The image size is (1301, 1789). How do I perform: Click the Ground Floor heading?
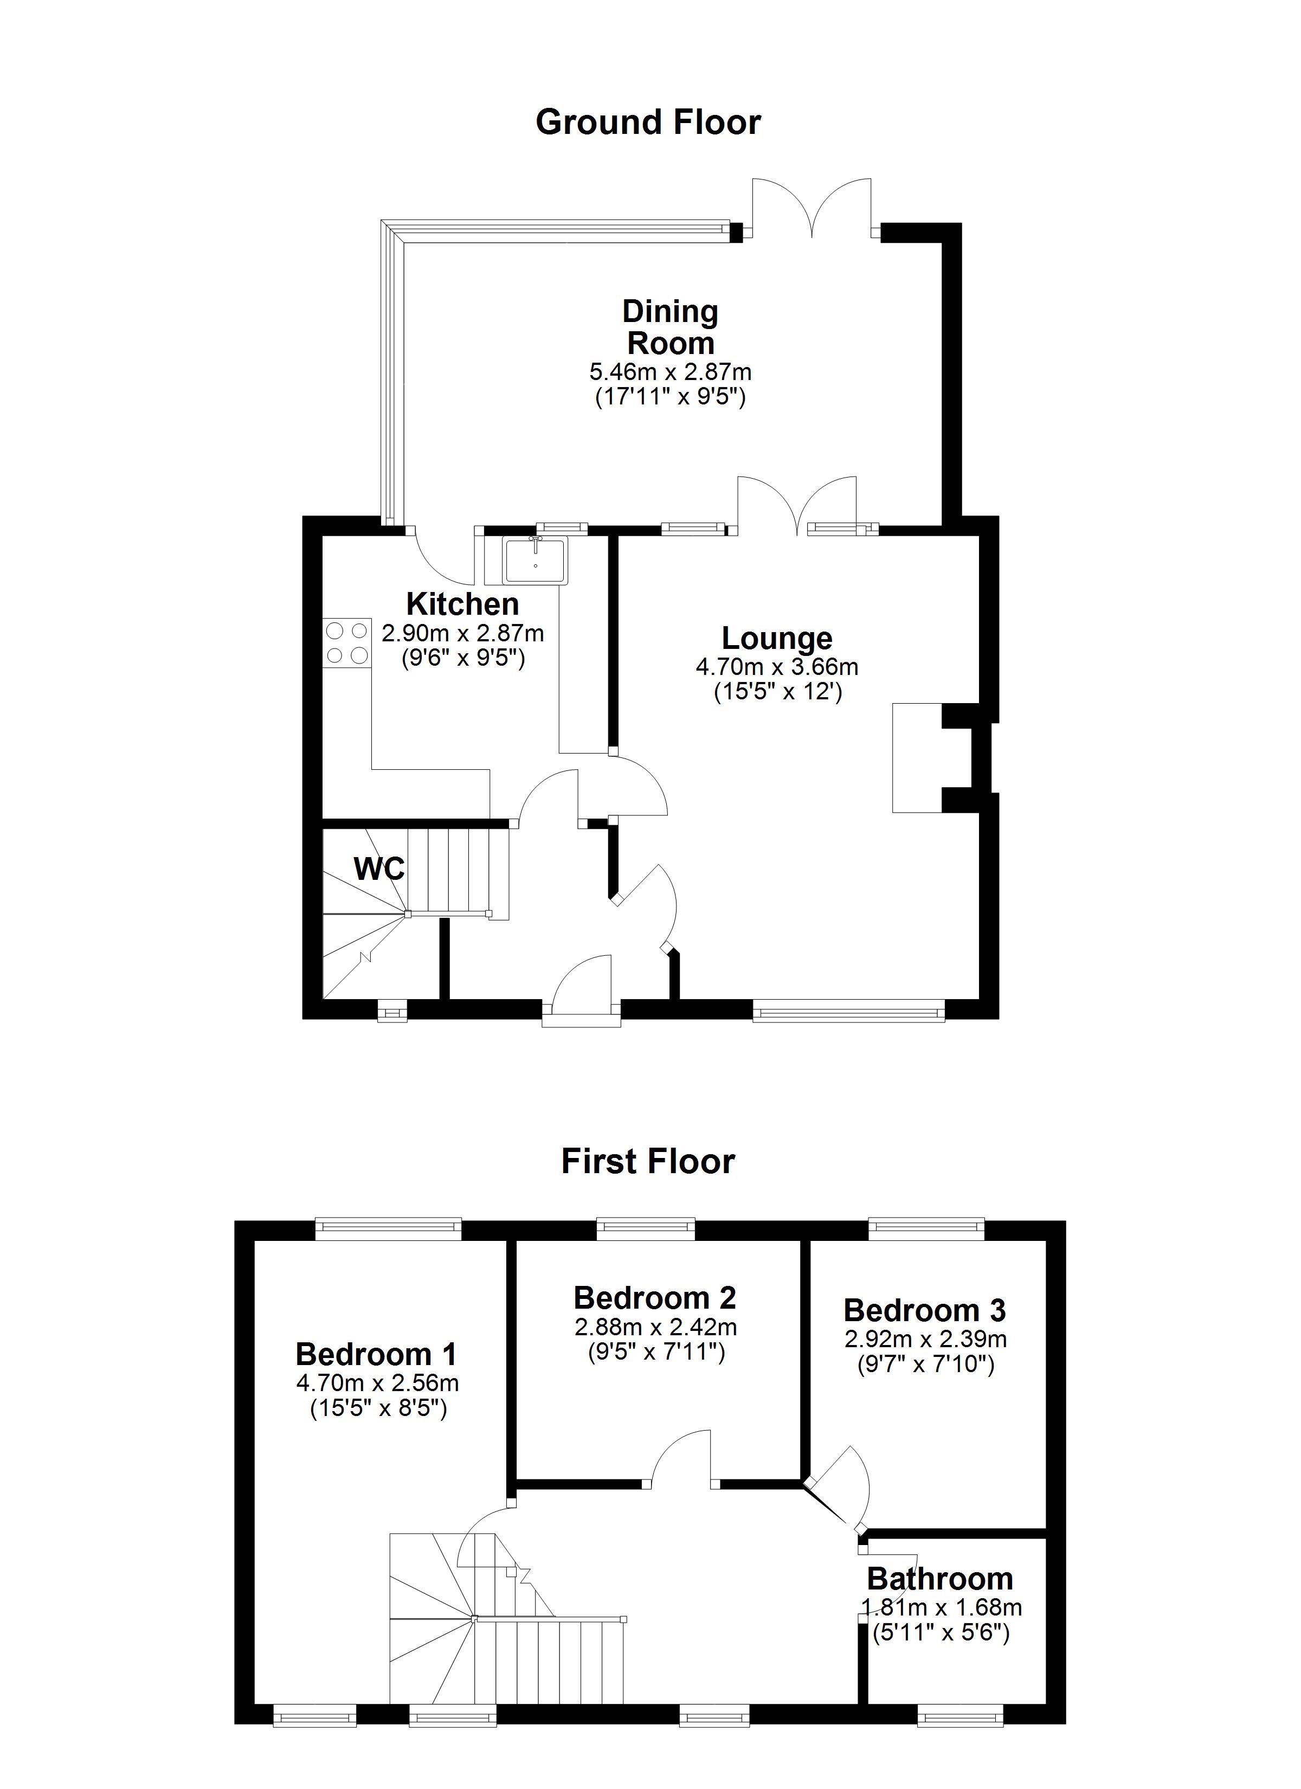[648, 123]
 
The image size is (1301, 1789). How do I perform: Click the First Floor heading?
[648, 1162]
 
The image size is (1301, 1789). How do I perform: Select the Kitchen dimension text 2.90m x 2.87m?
[463, 633]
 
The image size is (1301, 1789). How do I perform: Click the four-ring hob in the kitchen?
[346, 642]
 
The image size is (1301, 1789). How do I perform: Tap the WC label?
[379, 869]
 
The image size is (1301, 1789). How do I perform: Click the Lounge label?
[777, 638]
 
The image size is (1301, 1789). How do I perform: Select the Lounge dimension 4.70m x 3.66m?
[777, 667]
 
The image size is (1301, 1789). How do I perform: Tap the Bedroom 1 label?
[376, 1354]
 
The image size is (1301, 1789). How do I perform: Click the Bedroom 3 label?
[925, 1310]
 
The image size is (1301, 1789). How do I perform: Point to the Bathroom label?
[939, 1579]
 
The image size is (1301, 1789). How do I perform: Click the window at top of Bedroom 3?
[927, 1225]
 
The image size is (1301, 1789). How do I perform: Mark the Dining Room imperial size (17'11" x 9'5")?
[670, 397]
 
